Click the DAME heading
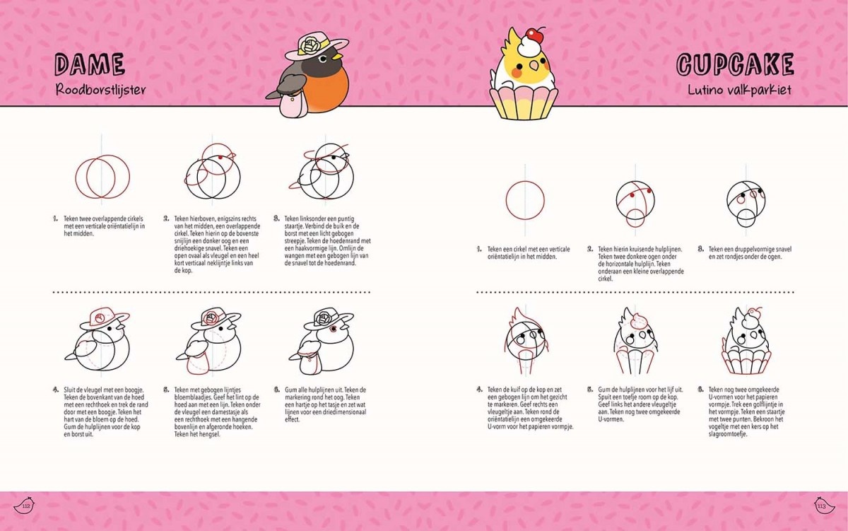pos(90,64)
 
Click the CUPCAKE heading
pos(735,64)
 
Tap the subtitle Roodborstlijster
pos(100,90)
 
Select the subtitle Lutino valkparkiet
pos(739,90)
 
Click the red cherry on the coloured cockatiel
pos(534,35)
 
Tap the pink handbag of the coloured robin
pos(293,104)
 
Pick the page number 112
pos(26,506)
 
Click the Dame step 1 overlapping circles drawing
pos(102,177)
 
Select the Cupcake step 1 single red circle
pos(525,200)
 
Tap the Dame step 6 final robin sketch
pos(322,341)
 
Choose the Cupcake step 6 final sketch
pos(746,341)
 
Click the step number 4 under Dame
pos(56,390)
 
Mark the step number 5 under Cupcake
pos(590,390)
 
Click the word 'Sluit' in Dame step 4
pos(69,390)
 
